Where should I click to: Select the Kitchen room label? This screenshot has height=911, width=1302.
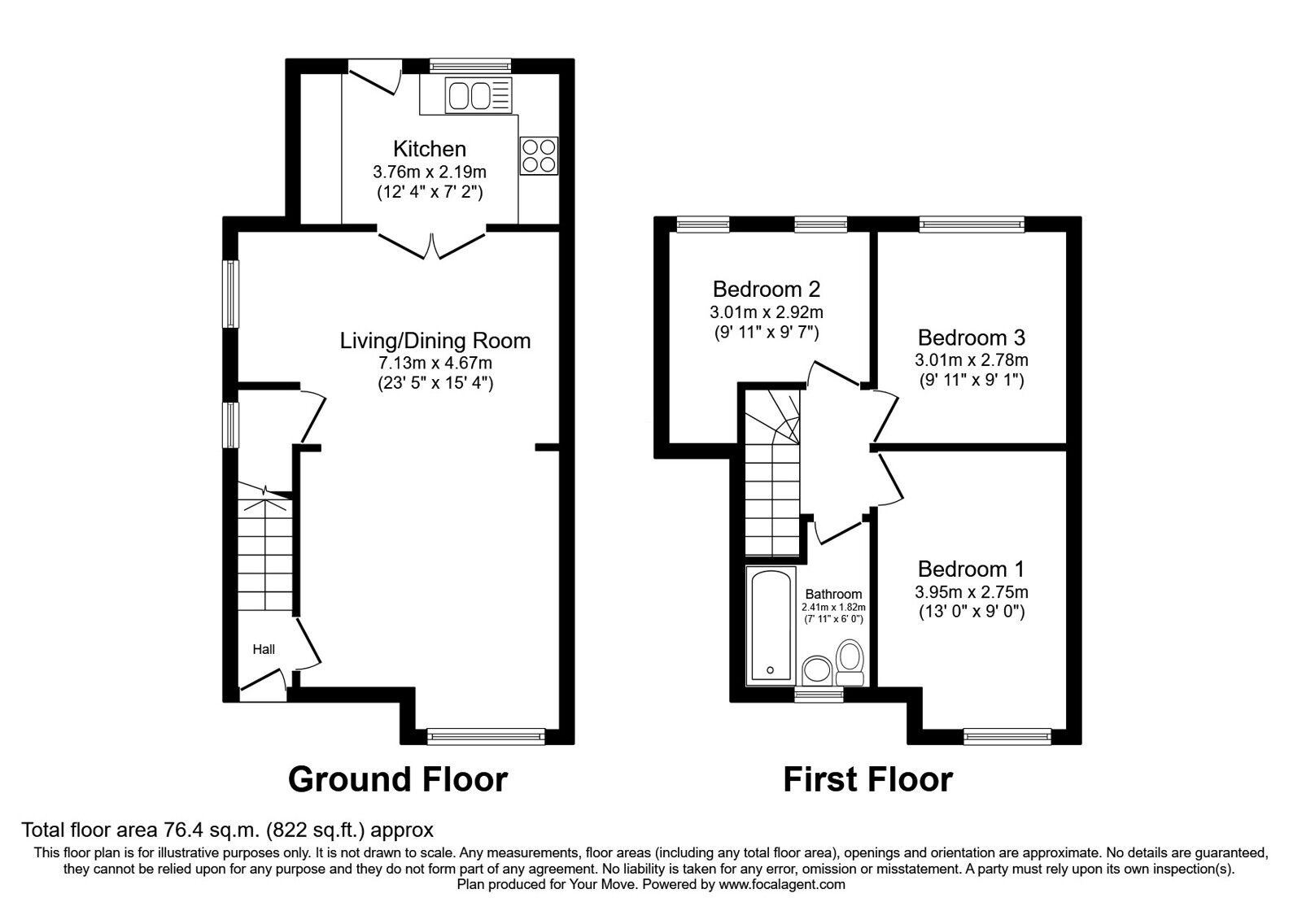tap(430, 149)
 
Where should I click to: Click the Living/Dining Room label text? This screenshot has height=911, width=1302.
tap(435, 340)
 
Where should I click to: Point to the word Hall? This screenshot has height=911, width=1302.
tap(264, 649)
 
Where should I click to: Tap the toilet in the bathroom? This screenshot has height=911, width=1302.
tap(850, 663)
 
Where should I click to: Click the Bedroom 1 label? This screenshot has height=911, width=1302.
tap(971, 569)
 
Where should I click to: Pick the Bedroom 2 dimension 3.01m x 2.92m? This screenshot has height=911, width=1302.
tap(766, 312)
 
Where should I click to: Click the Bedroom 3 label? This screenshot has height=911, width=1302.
tap(971, 337)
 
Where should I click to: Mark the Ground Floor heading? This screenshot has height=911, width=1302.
tap(398, 779)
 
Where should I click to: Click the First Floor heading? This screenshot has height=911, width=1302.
tap(867, 779)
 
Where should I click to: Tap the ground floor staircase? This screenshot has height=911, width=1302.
tap(265, 553)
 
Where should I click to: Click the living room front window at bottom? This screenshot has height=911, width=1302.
tap(487, 736)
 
